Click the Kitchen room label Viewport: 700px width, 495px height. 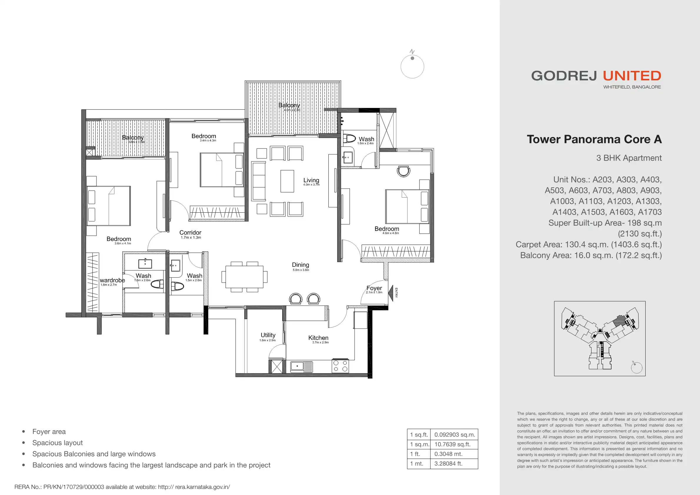(x=318, y=338)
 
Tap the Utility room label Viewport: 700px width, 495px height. (x=268, y=335)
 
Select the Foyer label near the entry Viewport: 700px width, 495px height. (x=374, y=288)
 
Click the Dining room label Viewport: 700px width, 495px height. (x=301, y=265)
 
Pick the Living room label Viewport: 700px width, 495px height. (x=311, y=180)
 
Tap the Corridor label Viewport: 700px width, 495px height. (x=190, y=232)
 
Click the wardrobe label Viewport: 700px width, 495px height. (x=112, y=280)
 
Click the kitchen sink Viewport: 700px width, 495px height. (x=302, y=366)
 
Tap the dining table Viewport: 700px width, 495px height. (x=244, y=277)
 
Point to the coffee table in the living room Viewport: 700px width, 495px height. (x=287, y=181)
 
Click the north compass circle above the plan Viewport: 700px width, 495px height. (x=412, y=66)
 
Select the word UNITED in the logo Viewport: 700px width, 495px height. (x=632, y=76)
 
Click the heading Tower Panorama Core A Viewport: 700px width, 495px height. (x=594, y=139)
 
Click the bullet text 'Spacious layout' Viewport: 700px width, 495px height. (x=58, y=443)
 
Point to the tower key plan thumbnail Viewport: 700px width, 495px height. (x=600, y=339)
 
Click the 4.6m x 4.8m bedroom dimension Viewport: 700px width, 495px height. (x=390, y=233)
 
